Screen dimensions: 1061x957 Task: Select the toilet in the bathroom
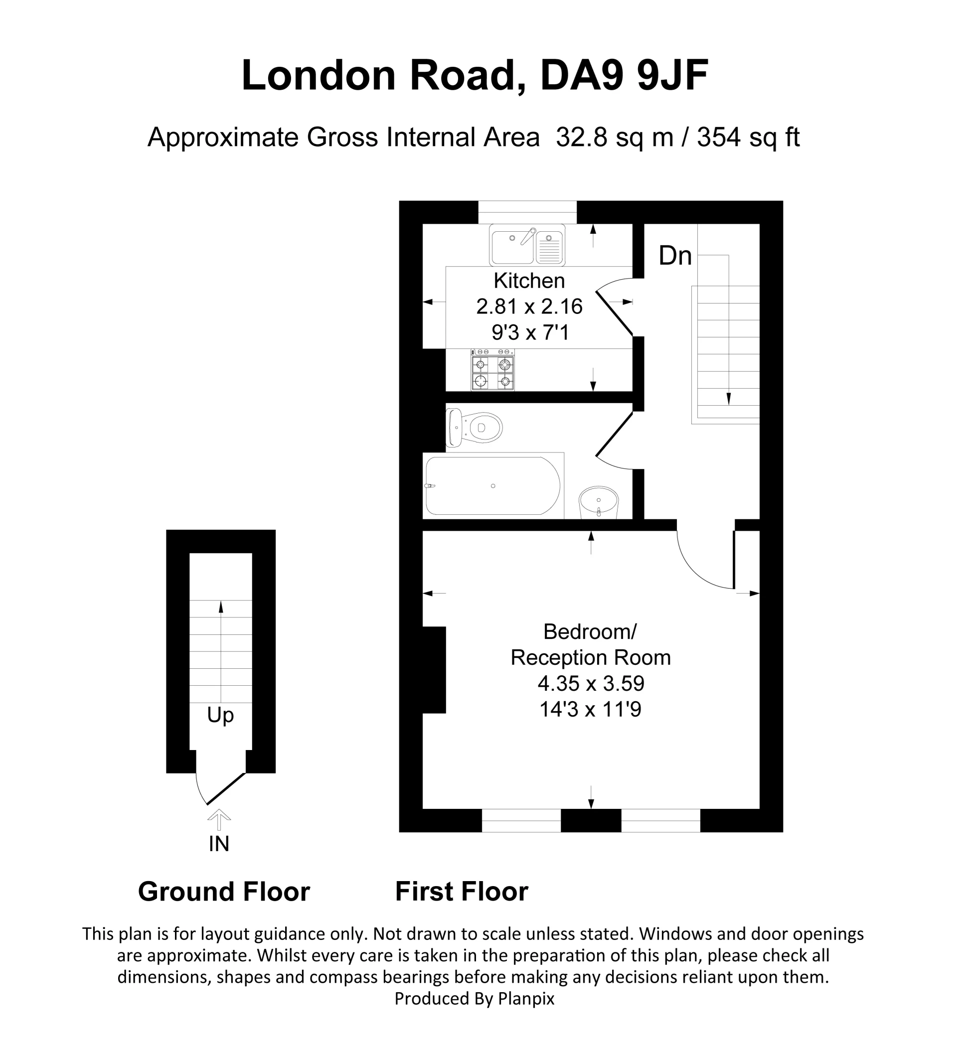tap(475, 428)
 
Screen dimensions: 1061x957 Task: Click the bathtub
tap(492, 486)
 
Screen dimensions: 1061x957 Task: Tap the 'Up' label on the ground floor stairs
tap(220, 716)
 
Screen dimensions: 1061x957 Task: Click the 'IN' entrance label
tap(219, 844)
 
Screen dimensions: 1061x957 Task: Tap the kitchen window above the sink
tap(527, 212)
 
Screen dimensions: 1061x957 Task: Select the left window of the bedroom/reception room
tap(521, 820)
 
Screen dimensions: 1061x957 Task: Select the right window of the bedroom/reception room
tap(660, 820)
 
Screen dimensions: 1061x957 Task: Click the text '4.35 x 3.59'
tap(591, 684)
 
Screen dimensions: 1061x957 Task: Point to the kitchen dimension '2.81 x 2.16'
tap(529, 306)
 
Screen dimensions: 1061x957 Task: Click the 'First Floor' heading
tap(461, 892)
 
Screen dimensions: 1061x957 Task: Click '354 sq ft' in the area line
tap(748, 138)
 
